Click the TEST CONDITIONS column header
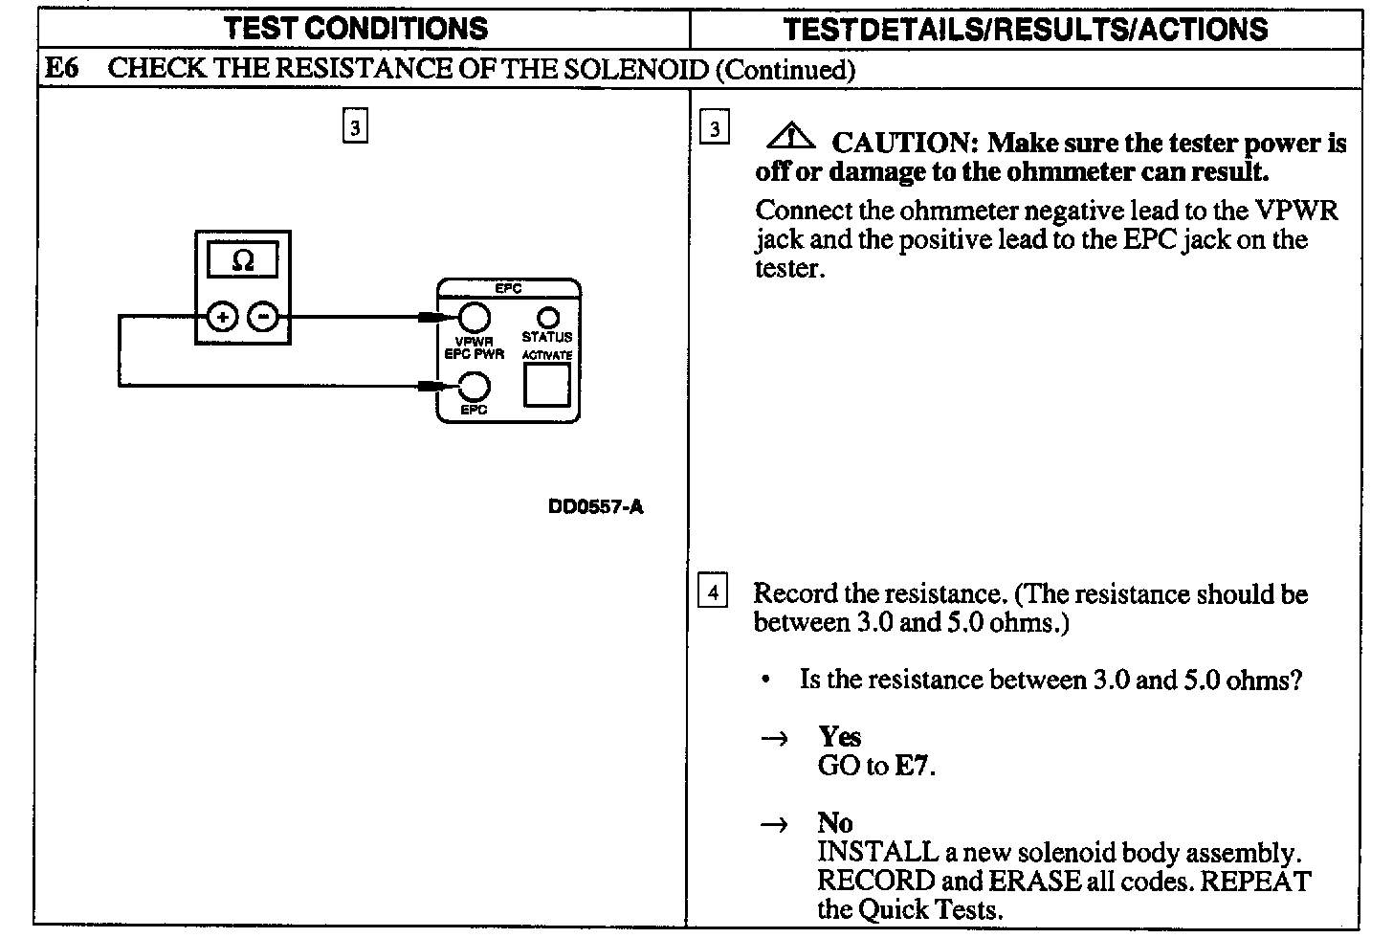pos(355,29)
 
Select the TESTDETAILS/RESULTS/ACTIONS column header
pos(1025,29)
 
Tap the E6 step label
pos(62,69)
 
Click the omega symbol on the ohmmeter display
pos(243,260)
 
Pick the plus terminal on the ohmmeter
pos(222,317)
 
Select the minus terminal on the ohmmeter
pos(264,317)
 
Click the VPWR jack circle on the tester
pos(474,317)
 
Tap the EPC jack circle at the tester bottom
pos(474,387)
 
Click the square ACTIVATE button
pos(547,385)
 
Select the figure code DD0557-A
pos(595,507)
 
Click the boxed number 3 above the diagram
pos(355,127)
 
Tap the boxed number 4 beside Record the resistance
pos(713,592)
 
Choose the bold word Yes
pos(839,737)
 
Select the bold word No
pos(834,823)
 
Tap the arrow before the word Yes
pos(773,738)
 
